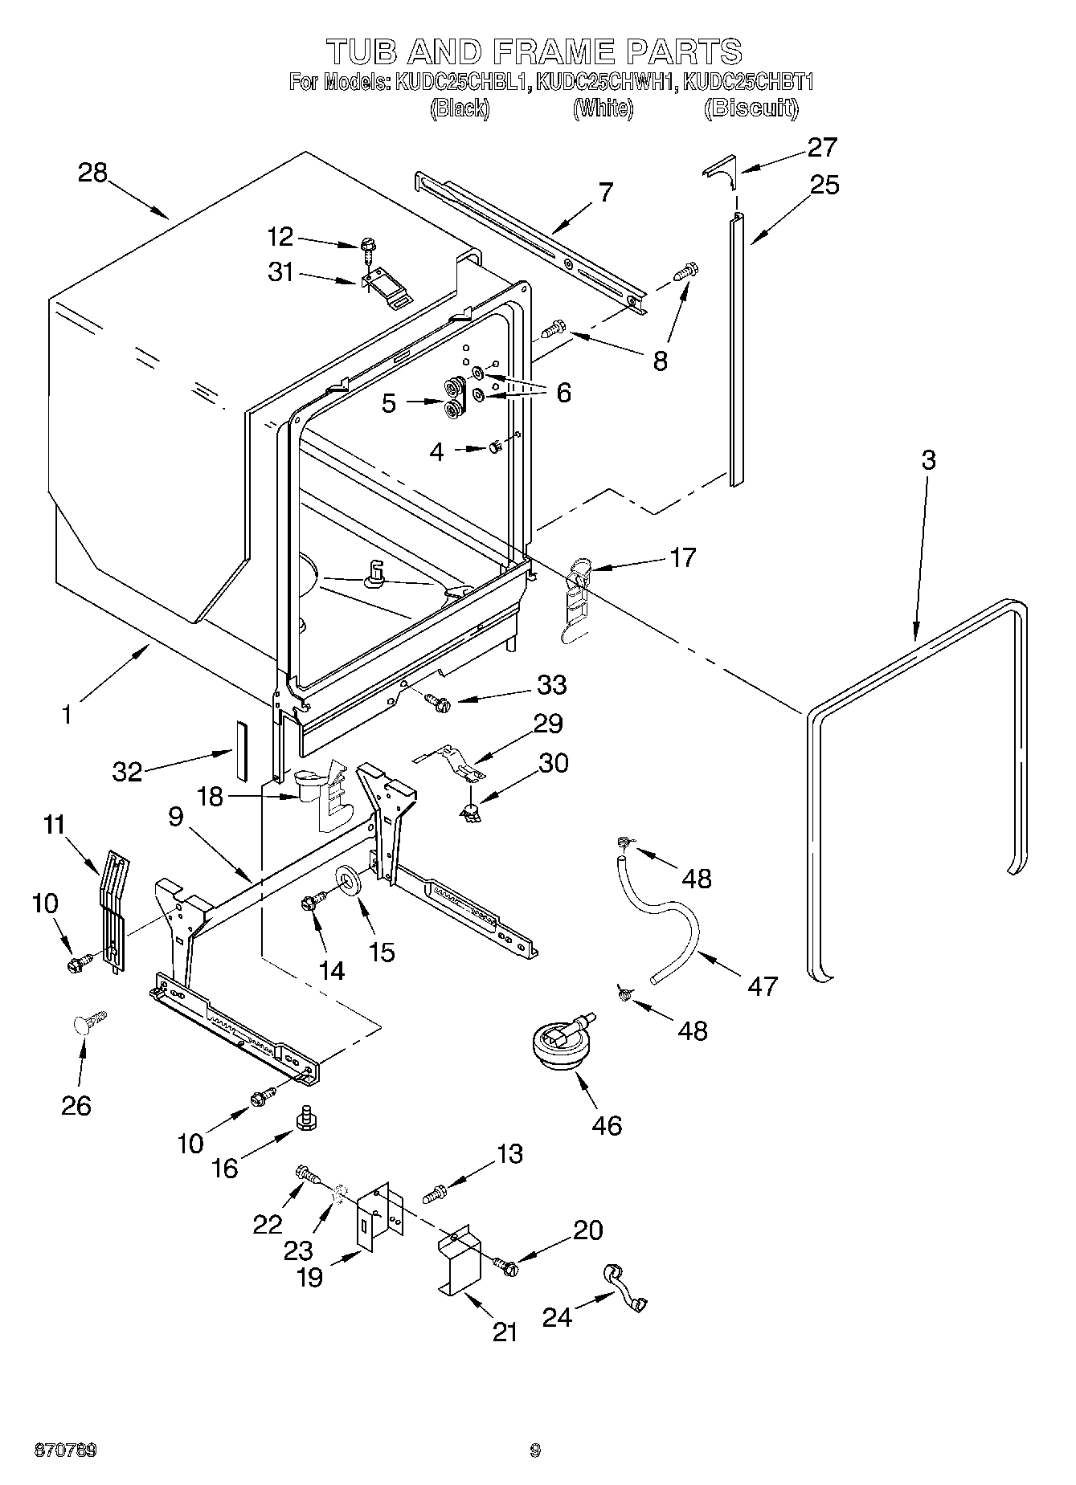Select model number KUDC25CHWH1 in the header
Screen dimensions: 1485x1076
pos(603,83)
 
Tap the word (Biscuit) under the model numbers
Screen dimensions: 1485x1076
pos(751,108)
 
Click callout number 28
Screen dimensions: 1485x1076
pos(92,173)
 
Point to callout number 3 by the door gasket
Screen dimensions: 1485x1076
pos(928,460)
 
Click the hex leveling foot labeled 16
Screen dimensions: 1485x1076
pos(305,1117)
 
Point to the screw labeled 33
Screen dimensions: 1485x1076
pos(438,703)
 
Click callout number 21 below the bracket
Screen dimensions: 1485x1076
pos(505,1332)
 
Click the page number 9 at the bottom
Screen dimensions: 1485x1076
pos(535,1450)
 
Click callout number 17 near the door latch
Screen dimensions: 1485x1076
pos(681,557)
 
